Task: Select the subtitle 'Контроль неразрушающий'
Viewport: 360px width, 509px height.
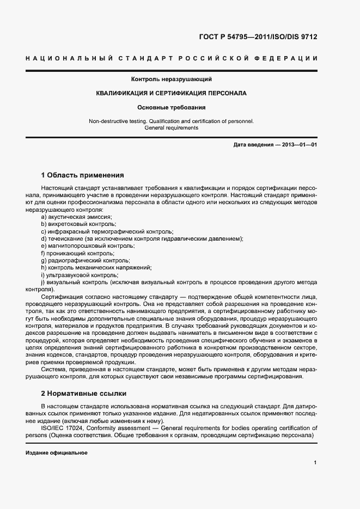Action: [x=172, y=79]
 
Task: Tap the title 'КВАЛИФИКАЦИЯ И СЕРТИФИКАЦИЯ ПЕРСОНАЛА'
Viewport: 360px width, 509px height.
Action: [x=172, y=93]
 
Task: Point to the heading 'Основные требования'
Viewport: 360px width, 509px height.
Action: [x=172, y=107]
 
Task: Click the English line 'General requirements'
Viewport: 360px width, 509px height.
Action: [x=172, y=128]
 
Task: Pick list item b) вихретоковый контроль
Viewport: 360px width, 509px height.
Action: [x=78, y=224]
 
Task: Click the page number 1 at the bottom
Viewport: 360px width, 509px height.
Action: [x=315, y=463]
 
